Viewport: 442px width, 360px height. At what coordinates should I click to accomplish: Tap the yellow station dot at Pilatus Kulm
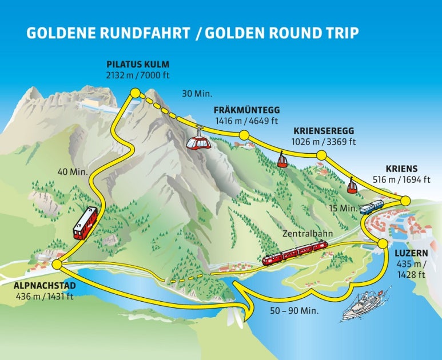[x=135, y=92]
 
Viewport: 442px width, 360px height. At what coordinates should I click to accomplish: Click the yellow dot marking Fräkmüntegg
[x=244, y=135]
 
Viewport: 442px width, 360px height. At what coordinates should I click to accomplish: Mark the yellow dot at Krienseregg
[x=321, y=155]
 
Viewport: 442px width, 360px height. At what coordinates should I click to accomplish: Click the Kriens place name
[x=401, y=169]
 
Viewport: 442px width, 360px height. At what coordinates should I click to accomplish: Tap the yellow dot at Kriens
[x=405, y=200]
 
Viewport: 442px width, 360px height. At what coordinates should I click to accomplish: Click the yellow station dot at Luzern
[x=382, y=244]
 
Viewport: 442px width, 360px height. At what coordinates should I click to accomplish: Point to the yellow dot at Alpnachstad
[x=57, y=264]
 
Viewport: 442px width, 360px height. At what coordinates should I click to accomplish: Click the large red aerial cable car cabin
[x=198, y=139]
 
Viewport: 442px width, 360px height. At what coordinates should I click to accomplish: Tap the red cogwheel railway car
[x=85, y=223]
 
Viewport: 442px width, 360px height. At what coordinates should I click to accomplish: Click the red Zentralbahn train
[x=294, y=253]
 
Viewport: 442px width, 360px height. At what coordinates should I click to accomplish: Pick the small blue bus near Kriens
[x=371, y=207]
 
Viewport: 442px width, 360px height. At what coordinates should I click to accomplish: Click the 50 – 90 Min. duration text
[x=294, y=311]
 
